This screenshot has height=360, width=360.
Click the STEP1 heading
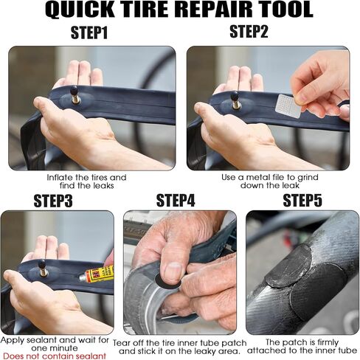point(89,32)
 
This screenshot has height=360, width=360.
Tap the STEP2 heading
point(249,32)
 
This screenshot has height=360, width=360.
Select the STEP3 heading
point(53,201)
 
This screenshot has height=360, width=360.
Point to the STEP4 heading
point(176,201)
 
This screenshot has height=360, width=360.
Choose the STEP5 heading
point(302,201)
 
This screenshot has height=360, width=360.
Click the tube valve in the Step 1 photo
point(75,94)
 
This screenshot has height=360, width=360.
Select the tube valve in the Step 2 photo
point(235,100)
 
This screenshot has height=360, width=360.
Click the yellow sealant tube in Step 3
point(97,274)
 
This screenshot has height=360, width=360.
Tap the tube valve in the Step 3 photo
point(43,268)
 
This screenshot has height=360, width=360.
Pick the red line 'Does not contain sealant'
point(55,356)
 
